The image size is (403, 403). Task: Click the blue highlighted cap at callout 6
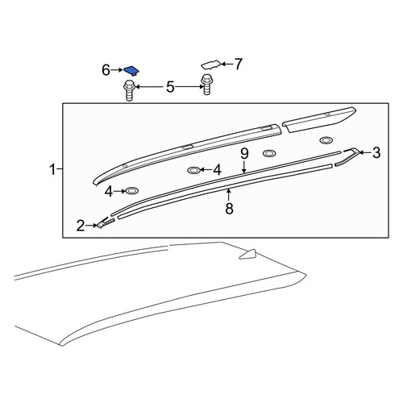(131, 71)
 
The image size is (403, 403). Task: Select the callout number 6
(106, 70)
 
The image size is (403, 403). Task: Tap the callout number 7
(238, 64)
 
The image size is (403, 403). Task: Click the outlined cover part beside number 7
(212, 64)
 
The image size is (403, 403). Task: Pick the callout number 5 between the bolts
(170, 87)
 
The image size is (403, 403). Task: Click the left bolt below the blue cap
(129, 90)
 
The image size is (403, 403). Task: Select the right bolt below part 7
(206, 85)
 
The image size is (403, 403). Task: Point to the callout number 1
(53, 169)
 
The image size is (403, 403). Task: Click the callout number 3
(376, 153)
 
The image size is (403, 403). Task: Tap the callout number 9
(244, 154)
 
